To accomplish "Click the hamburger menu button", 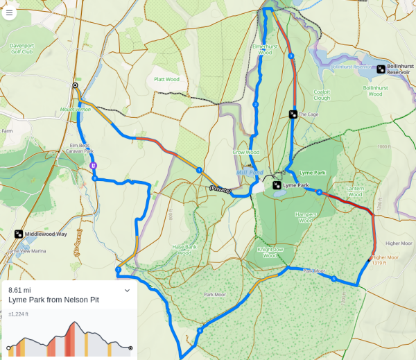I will [9, 13].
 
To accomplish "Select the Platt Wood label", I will [166, 79].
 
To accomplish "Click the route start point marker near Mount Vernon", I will [75, 85].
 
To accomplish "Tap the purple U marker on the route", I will [93, 165].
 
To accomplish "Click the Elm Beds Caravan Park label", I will [81, 148].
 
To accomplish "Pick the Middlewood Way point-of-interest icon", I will [18, 234].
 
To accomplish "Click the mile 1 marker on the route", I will [199, 170].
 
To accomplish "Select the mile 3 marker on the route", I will [291, 55].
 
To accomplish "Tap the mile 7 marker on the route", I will [119, 270].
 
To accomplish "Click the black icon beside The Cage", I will [293, 114].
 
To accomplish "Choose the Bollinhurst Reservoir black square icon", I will [381, 69].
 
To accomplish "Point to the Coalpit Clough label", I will [322, 94].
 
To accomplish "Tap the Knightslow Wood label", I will [270, 252].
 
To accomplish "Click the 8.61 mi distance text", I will [20, 290].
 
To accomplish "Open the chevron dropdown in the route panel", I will [127, 291].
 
